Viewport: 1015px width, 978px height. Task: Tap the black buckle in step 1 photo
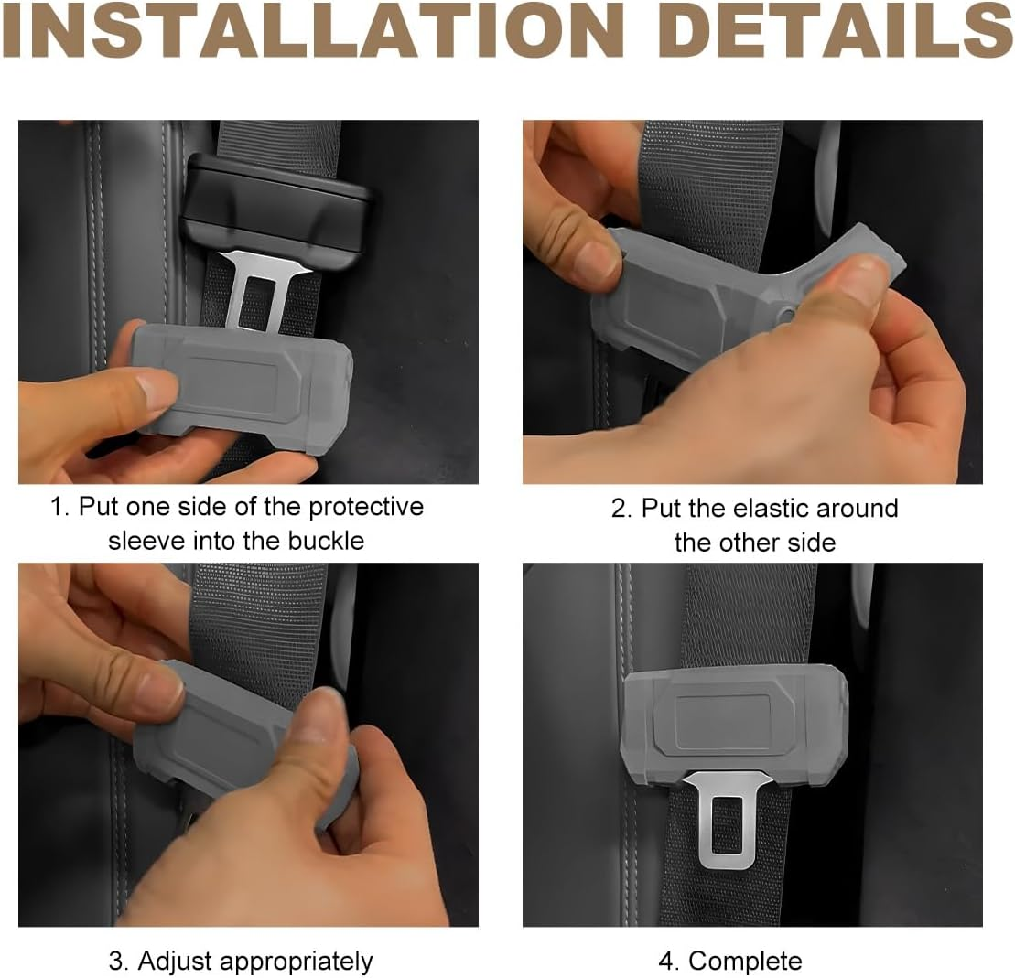pyautogui.click(x=275, y=206)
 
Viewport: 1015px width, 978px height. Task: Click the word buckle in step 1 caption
pyautogui.click(x=326, y=541)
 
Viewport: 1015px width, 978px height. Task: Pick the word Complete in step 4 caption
pyautogui.click(x=745, y=962)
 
